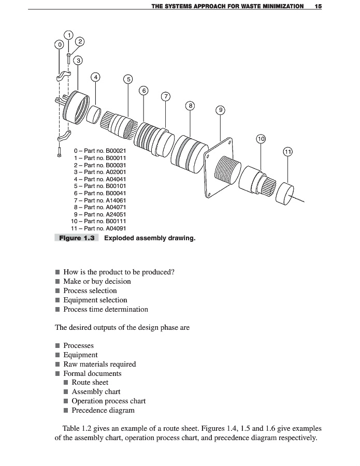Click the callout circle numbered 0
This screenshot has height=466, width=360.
click(x=60, y=45)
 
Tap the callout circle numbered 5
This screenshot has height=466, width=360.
click(x=128, y=79)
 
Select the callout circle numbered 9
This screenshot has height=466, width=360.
click(x=221, y=110)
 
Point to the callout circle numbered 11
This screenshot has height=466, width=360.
click(x=288, y=152)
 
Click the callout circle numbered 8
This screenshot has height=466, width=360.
click(x=191, y=106)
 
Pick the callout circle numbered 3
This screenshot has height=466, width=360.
click(x=78, y=61)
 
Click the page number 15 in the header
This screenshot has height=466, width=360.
click(x=318, y=6)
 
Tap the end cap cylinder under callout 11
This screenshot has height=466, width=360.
click(x=285, y=193)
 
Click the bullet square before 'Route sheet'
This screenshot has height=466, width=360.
click(x=66, y=383)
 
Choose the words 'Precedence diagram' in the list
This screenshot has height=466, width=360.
click(x=103, y=411)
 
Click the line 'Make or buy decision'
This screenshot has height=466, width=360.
click(x=97, y=282)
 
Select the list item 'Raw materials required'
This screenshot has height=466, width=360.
click(x=99, y=364)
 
